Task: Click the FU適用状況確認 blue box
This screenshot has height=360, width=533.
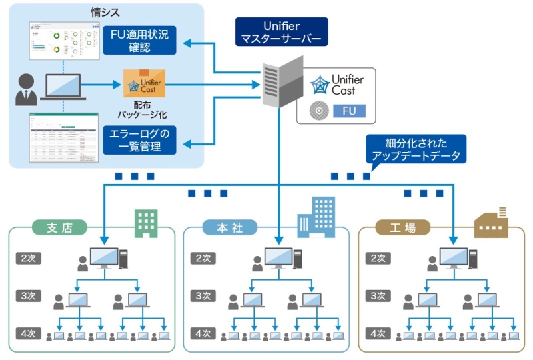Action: click(x=140, y=40)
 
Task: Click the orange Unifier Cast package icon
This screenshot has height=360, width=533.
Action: click(x=143, y=85)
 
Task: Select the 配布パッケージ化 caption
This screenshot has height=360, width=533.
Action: click(x=141, y=110)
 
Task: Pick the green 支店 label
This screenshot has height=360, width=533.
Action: click(x=59, y=227)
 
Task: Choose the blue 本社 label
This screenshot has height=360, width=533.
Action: click(x=231, y=227)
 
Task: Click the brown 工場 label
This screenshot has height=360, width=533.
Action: click(x=402, y=227)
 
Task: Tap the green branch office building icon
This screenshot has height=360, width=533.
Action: click(x=146, y=223)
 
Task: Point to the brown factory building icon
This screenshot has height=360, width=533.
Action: click(x=490, y=223)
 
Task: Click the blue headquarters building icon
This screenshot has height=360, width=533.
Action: click(x=316, y=217)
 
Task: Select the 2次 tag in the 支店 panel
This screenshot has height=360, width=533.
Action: click(x=27, y=258)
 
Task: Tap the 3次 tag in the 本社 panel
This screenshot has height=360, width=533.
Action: click(x=203, y=295)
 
